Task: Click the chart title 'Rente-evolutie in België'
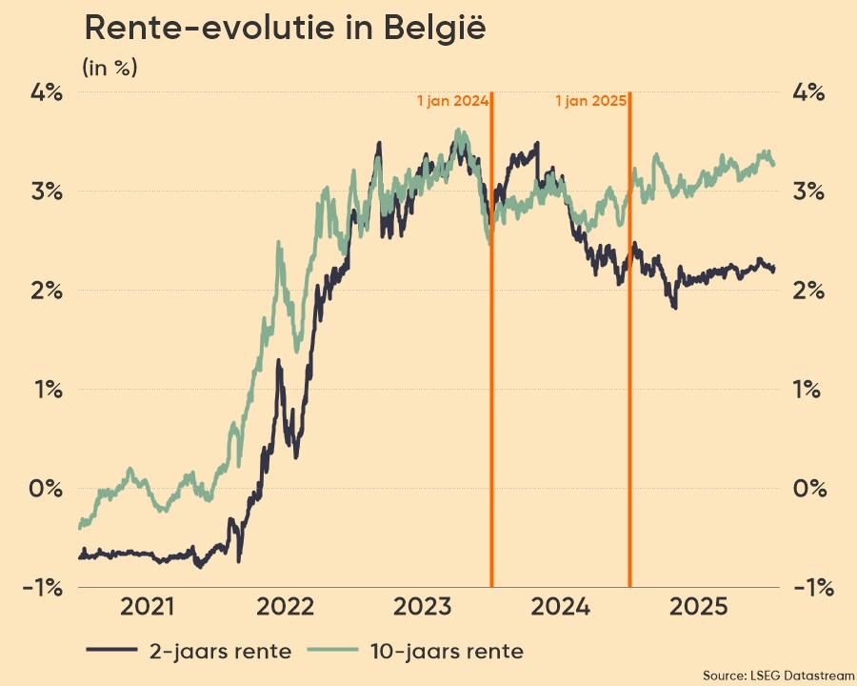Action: point(286,29)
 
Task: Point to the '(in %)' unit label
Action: point(110,68)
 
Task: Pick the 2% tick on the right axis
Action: point(812,291)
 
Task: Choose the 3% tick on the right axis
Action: point(812,192)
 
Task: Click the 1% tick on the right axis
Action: point(812,390)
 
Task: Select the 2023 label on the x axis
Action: point(422,607)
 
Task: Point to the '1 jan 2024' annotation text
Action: point(452,101)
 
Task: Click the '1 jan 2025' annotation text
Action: point(590,101)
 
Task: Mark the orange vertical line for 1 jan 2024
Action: point(491,381)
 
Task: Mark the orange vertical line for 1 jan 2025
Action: point(630,381)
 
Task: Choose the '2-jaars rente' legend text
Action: point(220,652)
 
